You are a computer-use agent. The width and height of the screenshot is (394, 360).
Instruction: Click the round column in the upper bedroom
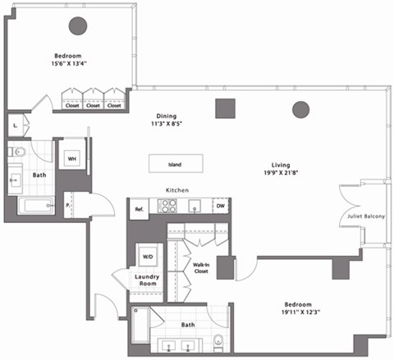[78, 26]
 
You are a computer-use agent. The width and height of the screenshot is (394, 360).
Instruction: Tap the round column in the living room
[300, 108]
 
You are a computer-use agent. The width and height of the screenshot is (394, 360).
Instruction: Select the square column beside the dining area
[225, 108]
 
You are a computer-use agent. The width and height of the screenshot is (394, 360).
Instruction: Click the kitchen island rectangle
[175, 163]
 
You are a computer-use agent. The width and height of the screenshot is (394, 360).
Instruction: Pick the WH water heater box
[72, 157]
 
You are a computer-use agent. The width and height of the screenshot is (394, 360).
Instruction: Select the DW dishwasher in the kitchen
[220, 207]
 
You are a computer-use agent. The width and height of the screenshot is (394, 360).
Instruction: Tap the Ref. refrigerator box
[140, 209]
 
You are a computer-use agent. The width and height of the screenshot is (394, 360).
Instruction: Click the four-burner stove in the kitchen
[168, 207]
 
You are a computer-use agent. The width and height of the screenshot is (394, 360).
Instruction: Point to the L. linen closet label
[16, 125]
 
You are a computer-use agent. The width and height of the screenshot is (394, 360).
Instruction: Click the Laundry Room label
[149, 281]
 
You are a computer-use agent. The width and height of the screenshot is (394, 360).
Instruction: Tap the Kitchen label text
[178, 189]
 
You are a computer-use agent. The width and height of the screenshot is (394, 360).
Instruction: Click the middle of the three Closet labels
[93, 105]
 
